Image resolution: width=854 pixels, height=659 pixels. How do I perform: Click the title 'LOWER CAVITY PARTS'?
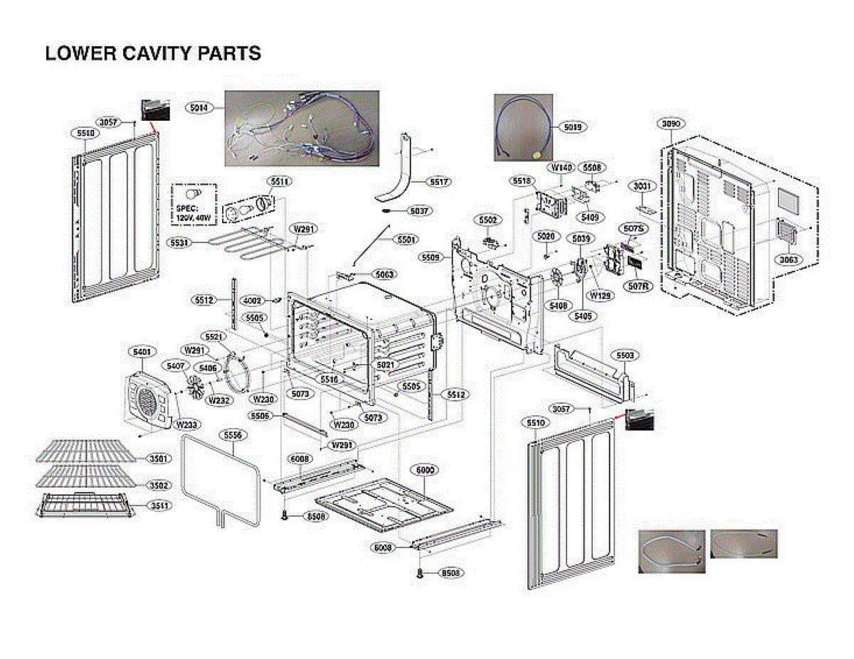click(x=153, y=54)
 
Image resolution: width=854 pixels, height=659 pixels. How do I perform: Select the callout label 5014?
click(x=199, y=107)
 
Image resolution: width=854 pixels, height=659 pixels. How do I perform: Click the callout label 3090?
click(x=670, y=123)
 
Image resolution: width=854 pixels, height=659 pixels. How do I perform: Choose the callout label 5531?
click(x=180, y=243)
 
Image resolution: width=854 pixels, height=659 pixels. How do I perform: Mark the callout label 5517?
click(x=439, y=182)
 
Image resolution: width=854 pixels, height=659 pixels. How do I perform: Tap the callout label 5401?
click(x=142, y=351)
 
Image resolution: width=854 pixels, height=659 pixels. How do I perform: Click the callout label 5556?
click(x=231, y=434)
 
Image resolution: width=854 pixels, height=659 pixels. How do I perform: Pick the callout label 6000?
click(x=426, y=471)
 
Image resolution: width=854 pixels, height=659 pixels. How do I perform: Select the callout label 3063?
click(x=788, y=259)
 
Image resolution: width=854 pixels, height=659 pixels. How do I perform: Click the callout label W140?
click(x=561, y=167)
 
